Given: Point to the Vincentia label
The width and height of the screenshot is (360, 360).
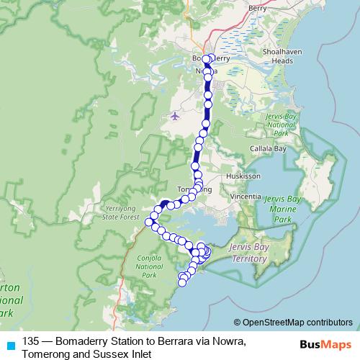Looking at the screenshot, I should click(242, 195).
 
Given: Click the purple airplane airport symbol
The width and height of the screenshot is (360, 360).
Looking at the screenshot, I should click(175, 115).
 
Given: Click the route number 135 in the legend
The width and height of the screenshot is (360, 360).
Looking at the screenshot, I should click(31, 341).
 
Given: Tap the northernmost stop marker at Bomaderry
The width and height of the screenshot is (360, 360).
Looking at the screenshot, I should click(206, 59).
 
